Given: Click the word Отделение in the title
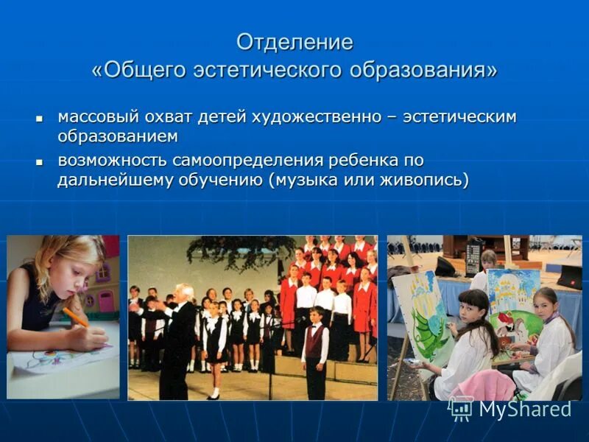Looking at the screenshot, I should pyautogui.click(x=294, y=43).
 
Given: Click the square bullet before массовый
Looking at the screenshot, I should pyautogui.click(x=40, y=118).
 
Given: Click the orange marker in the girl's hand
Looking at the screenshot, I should pyautogui.click(x=75, y=318).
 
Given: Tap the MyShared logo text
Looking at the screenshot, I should pyautogui.click(x=524, y=409).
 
